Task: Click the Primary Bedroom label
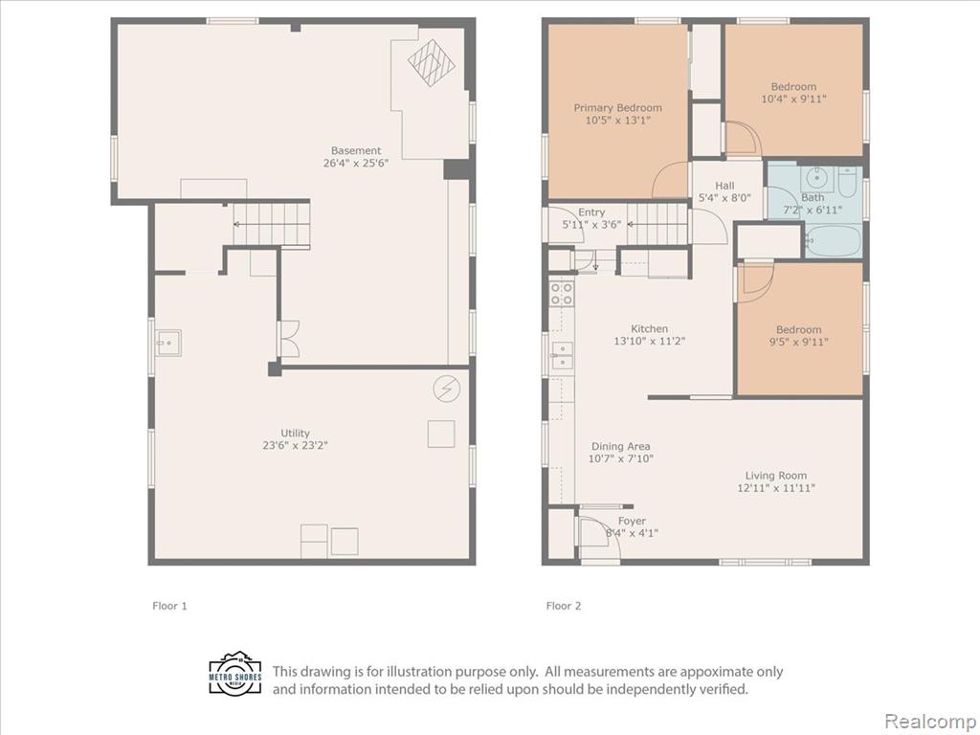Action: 617,107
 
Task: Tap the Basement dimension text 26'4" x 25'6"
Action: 356,163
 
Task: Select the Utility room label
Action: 295,434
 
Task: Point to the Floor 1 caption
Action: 169,606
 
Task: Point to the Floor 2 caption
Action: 563,606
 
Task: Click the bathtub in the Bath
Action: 834,240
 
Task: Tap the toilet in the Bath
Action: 848,180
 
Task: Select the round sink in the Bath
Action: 816,179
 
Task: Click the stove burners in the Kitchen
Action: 561,294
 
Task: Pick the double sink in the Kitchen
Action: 562,356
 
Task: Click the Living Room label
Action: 775,476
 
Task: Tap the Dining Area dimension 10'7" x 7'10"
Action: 620,458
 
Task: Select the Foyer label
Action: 632,522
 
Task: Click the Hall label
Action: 724,186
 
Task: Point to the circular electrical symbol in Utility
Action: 447,389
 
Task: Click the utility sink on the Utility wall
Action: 168,344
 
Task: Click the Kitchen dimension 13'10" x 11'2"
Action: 650,342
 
